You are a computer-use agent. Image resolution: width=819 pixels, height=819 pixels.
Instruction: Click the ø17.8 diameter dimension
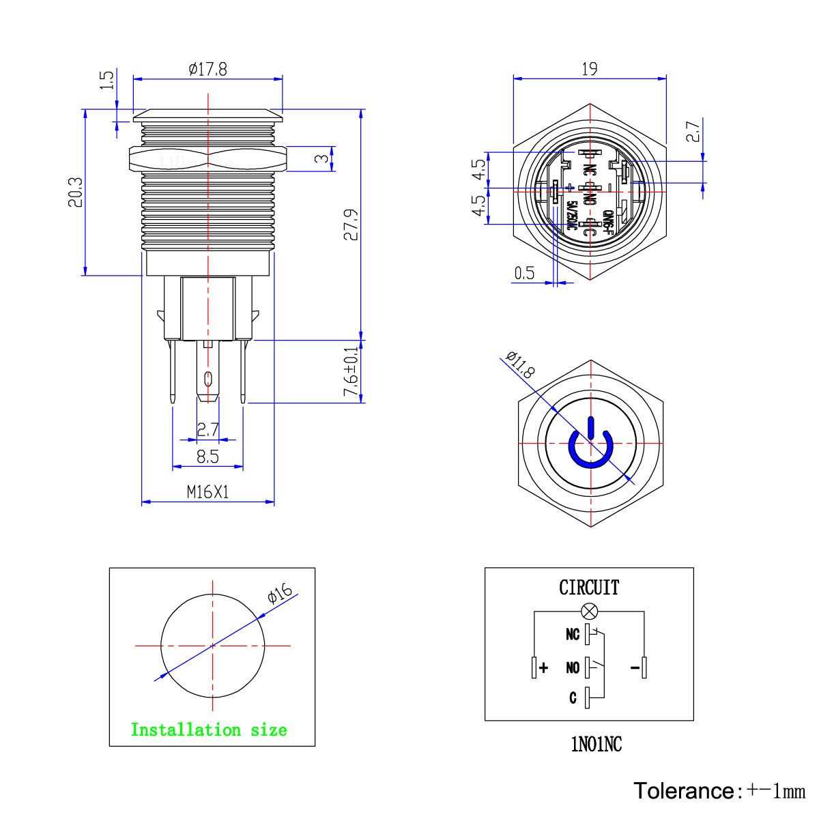(x=207, y=70)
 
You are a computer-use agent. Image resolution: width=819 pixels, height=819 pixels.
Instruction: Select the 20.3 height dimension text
(x=75, y=192)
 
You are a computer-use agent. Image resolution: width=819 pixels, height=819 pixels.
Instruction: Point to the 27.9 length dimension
(x=350, y=225)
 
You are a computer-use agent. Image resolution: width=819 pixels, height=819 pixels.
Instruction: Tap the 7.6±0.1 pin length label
(x=351, y=372)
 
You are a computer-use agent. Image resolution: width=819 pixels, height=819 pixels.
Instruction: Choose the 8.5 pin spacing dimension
(x=207, y=457)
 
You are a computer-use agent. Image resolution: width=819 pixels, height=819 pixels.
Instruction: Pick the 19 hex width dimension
(x=590, y=68)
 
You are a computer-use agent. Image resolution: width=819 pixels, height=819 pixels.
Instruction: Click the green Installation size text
(x=209, y=730)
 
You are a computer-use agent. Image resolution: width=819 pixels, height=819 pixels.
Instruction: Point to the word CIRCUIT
(x=589, y=588)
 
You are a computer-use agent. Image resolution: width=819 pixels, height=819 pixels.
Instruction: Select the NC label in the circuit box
(x=572, y=635)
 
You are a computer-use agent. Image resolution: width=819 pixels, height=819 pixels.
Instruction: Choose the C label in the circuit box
(x=573, y=698)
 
